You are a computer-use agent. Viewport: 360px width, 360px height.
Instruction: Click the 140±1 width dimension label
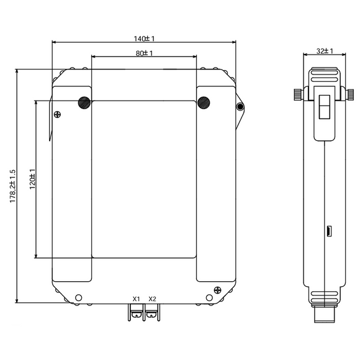tap(144, 38)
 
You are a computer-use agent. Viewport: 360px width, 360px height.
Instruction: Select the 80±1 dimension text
tap(144, 53)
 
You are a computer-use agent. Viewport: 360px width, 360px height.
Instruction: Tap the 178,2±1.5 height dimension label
tap(12, 186)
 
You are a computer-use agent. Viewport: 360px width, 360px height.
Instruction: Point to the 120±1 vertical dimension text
tap(32, 179)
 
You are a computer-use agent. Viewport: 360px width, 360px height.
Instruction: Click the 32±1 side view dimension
tap(325, 51)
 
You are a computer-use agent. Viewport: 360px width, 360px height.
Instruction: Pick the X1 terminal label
tap(136, 299)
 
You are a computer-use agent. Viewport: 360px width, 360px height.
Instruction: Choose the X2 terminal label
tap(152, 299)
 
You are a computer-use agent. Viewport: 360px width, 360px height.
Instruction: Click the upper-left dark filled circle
tap(84, 102)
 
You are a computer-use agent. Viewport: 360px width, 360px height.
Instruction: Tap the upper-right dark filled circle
tap(204, 102)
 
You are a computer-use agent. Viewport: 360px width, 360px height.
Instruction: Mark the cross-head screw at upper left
tap(57, 114)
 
